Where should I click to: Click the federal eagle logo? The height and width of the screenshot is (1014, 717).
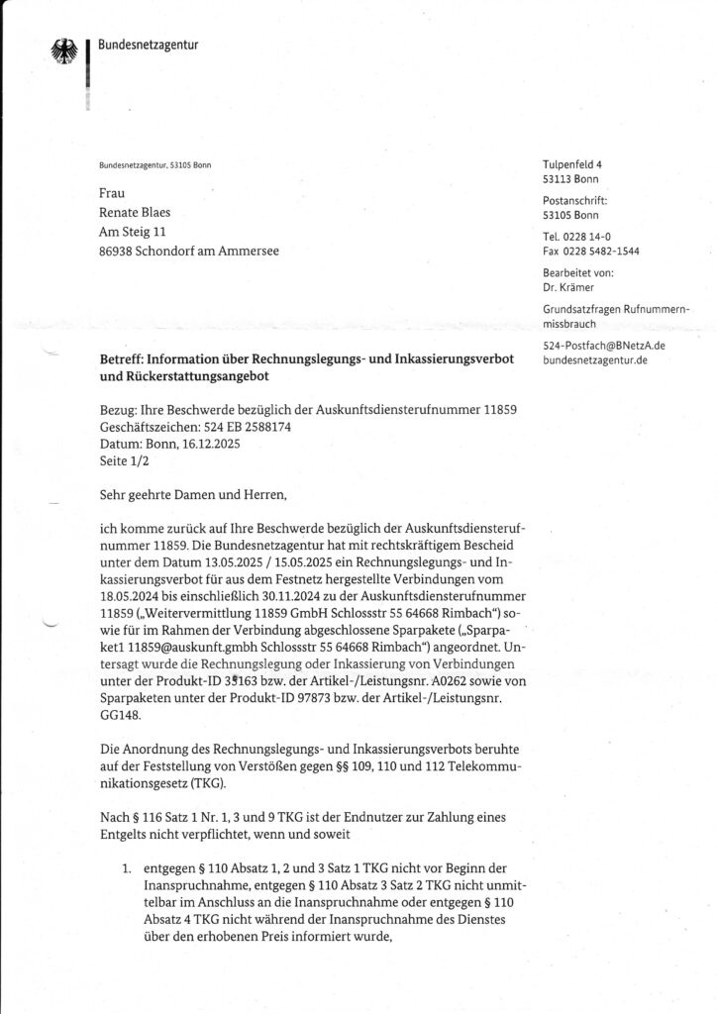(62, 52)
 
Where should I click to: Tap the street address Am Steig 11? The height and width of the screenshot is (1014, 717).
(137, 232)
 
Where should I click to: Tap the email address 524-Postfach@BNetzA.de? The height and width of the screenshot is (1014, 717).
(604, 346)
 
